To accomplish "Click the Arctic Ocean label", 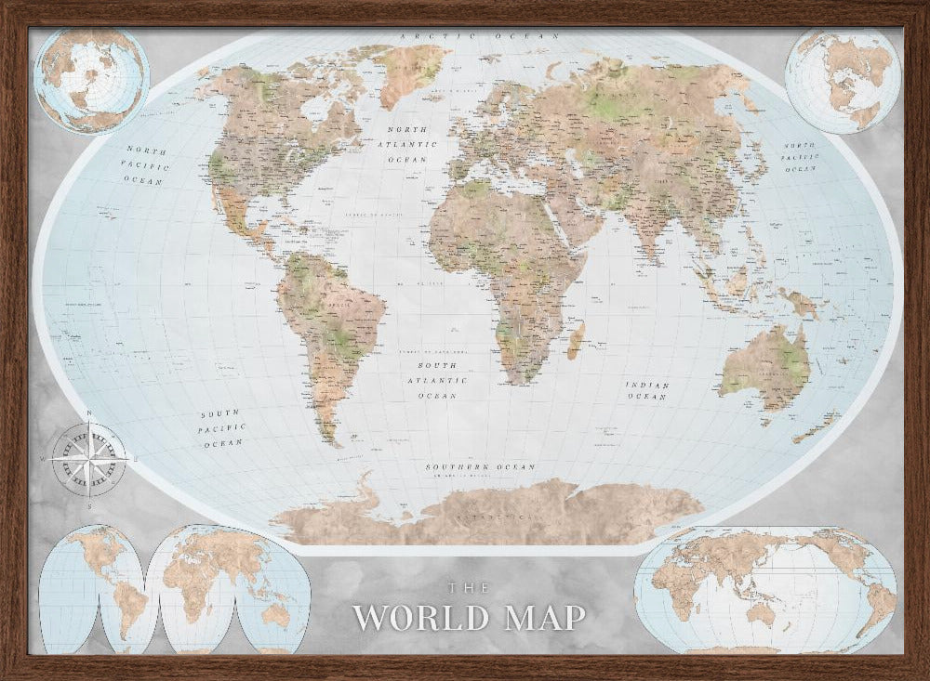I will [479, 35].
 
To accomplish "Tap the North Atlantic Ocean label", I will [410, 145].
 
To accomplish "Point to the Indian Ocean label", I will [646, 390].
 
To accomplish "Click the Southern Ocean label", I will [480, 466].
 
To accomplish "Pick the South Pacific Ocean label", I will [222, 428].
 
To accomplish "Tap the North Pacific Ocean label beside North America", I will [146, 164].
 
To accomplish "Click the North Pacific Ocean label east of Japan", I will [799, 158].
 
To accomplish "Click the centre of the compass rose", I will [89, 456].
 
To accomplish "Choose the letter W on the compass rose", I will [44, 458].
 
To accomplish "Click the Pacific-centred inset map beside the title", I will [764, 589].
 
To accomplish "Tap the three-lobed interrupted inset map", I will [174, 589].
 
